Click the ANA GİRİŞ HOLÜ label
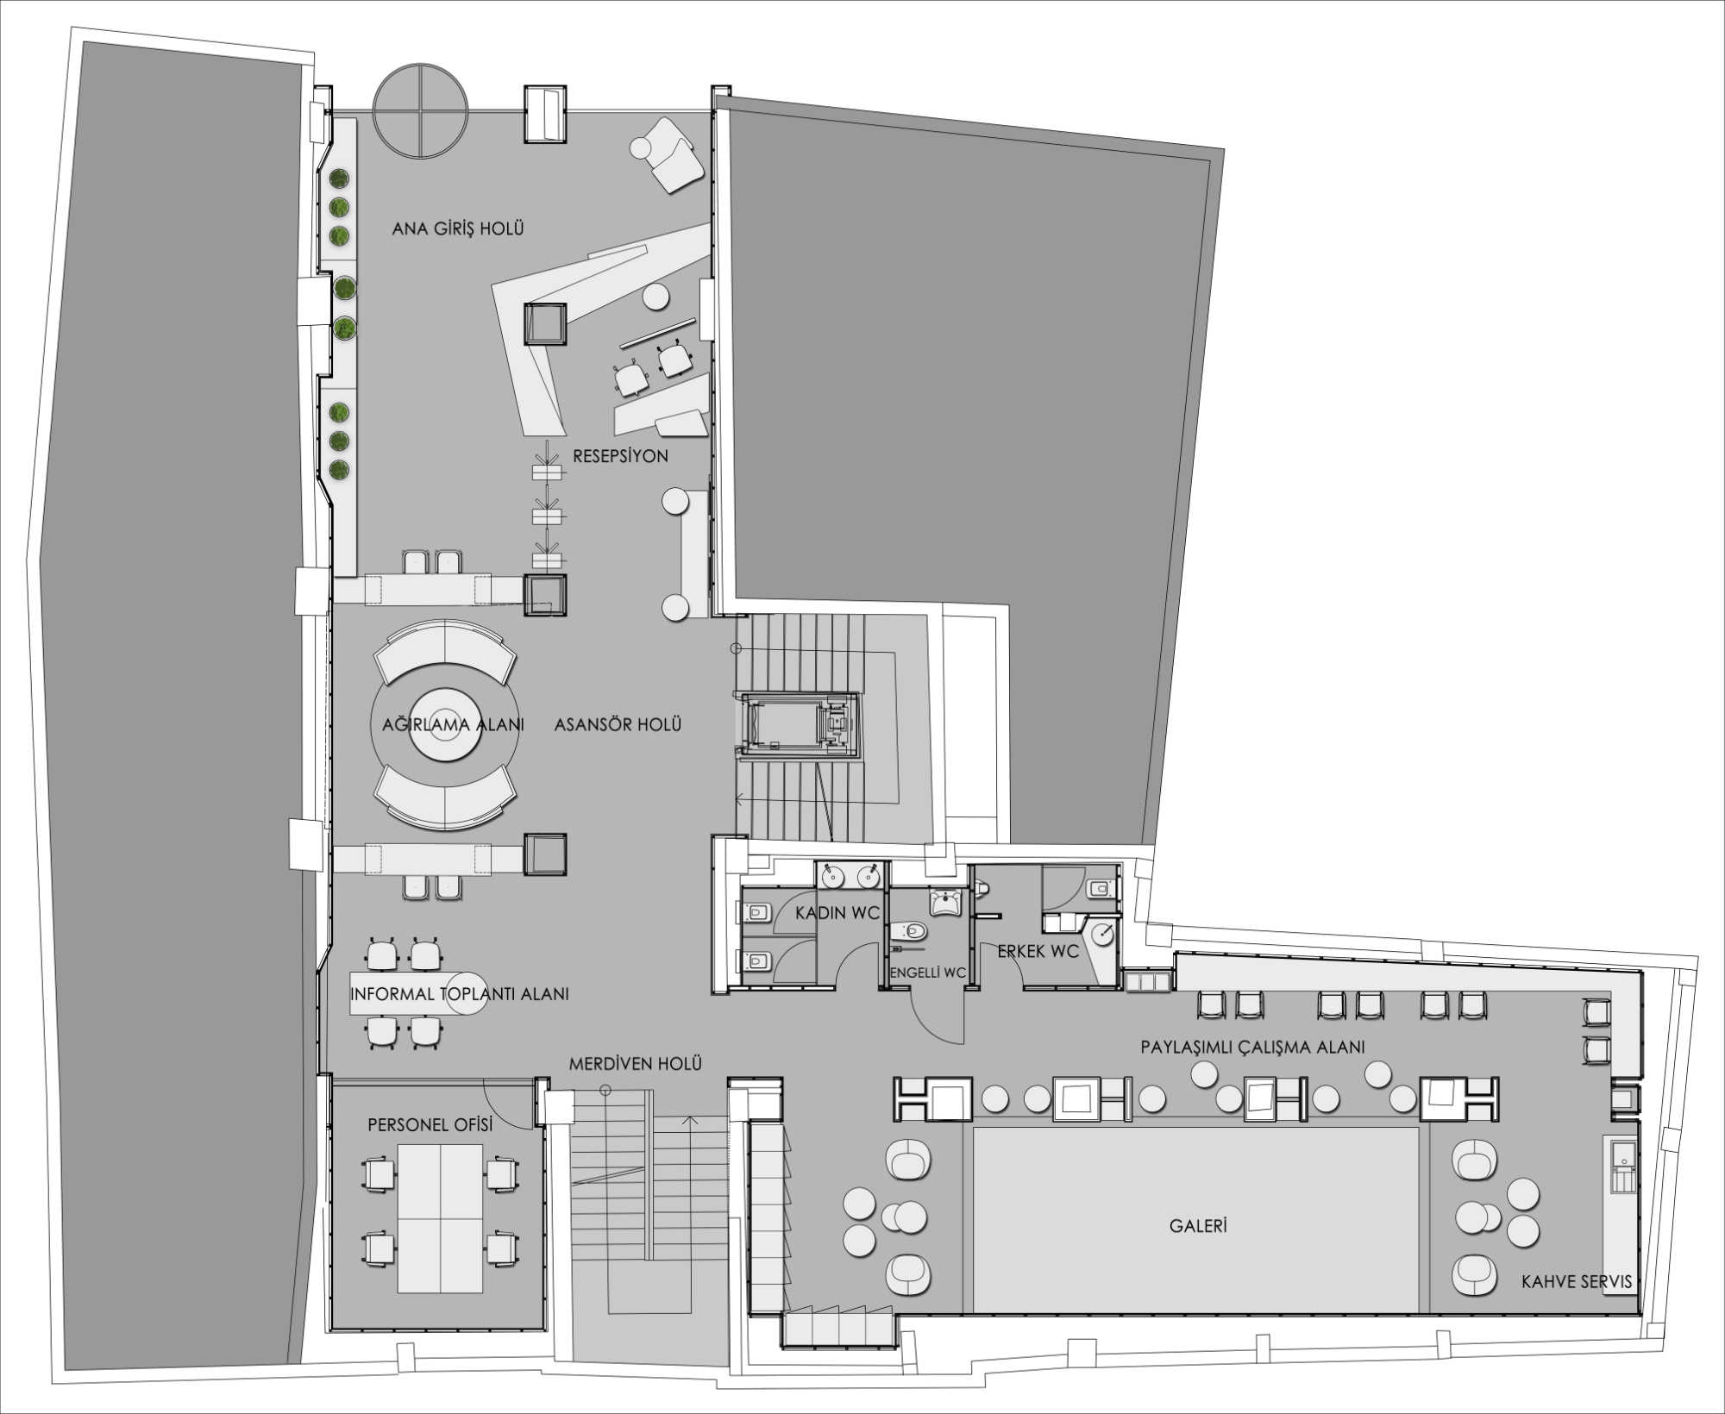(x=458, y=228)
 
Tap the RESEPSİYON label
(x=620, y=456)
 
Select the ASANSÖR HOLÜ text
(x=618, y=724)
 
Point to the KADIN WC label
(x=837, y=912)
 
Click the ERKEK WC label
(x=1038, y=952)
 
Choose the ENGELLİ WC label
(x=927, y=973)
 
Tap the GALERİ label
(x=1198, y=1225)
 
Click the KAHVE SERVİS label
(x=1577, y=1282)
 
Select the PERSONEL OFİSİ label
(x=430, y=1125)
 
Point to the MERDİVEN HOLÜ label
(x=635, y=1064)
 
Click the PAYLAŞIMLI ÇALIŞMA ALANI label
(x=1252, y=1047)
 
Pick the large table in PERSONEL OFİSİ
(x=440, y=1218)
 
